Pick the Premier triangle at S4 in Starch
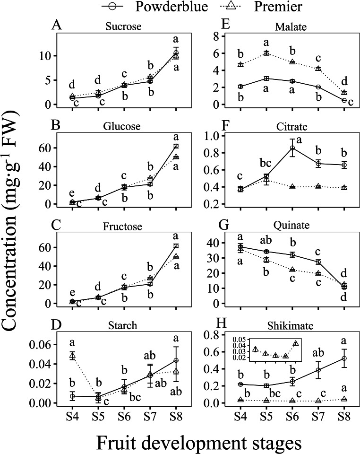(x=72, y=356)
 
